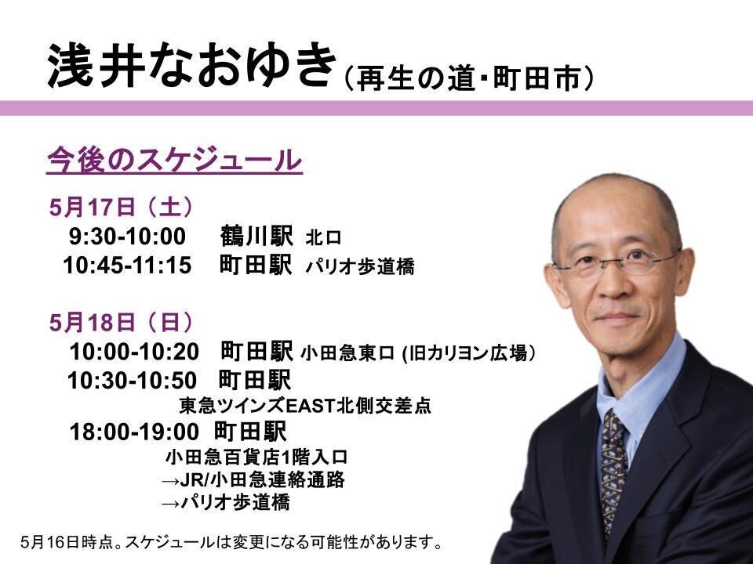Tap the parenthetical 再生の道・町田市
coord(469,78)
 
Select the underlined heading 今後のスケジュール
coord(174,160)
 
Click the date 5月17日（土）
coord(122,208)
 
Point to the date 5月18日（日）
coord(122,323)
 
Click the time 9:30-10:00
coord(127,237)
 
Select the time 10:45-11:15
coord(127,266)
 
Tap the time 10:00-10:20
coord(134,352)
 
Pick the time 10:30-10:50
coord(132,381)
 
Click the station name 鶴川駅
coord(256,236)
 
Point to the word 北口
coord(324,238)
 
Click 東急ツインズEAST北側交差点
coord(305,407)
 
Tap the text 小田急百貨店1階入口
coord(256,457)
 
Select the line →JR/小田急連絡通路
coord(253,479)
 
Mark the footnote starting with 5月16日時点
coord(231,542)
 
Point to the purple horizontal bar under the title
coord(376,108)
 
